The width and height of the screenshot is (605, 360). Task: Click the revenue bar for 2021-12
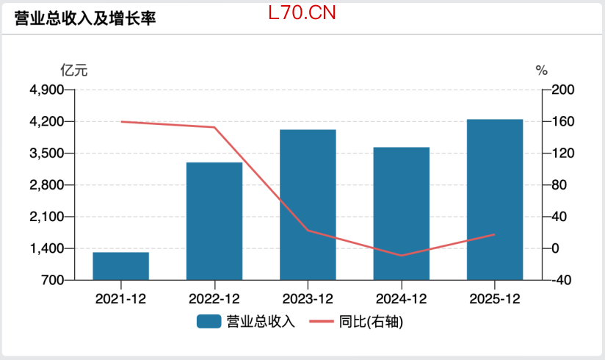[x=120, y=266]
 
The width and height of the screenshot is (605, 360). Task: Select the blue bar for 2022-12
[x=214, y=220]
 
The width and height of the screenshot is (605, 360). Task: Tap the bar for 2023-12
[x=308, y=204]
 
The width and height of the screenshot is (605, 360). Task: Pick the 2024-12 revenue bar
[x=401, y=213]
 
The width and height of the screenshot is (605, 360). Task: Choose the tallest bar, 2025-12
[x=495, y=199]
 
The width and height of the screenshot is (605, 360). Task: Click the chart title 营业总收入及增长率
[x=85, y=18]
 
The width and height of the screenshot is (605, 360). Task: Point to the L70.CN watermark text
[x=302, y=12]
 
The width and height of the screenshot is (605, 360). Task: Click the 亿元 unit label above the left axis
[x=74, y=71]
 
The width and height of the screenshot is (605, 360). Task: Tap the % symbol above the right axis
[x=542, y=71]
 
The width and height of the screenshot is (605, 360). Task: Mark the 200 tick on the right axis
[x=564, y=90]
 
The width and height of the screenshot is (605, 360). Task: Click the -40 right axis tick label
[x=564, y=280]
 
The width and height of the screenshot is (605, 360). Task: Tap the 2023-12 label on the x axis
[x=308, y=299]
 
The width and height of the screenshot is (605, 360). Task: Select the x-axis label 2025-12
[x=495, y=299]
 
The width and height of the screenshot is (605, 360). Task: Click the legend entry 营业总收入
[x=246, y=322]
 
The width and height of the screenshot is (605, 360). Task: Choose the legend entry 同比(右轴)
[x=356, y=322]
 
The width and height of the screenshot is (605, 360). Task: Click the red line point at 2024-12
[x=401, y=256]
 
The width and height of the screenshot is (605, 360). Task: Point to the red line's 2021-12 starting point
[x=120, y=121]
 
